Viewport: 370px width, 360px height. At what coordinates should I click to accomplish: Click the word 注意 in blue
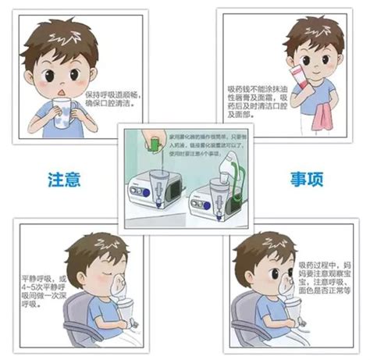click(x=64, y=180)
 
